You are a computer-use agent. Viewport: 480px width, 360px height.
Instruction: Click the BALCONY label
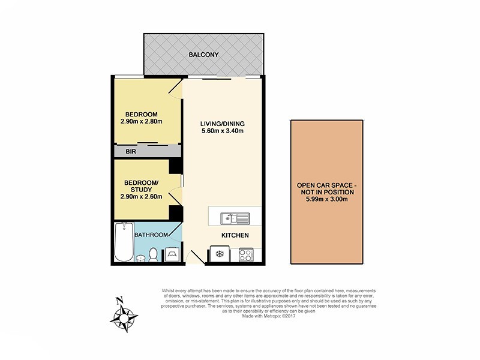203,55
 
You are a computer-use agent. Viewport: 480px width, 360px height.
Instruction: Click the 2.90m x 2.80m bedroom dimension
142,122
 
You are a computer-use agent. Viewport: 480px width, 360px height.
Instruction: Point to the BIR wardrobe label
131,152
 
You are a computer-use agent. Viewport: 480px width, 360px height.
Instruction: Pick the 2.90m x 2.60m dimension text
142,196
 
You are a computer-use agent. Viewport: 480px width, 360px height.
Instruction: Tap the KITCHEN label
235,235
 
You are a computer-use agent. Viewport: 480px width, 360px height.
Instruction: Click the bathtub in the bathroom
124,242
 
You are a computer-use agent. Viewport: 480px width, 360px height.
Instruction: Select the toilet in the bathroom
154,254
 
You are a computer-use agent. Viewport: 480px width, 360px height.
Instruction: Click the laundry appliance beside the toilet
172,254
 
